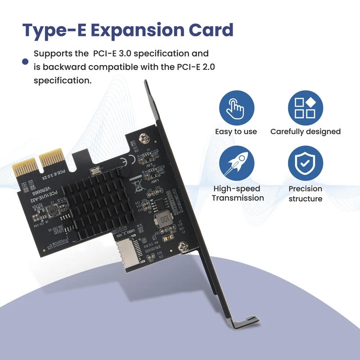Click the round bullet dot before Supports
click(26, 62)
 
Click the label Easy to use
click(236, 132)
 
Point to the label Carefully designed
click(305, 132)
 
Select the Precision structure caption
click(305, 193)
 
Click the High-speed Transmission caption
click(238, 193)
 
